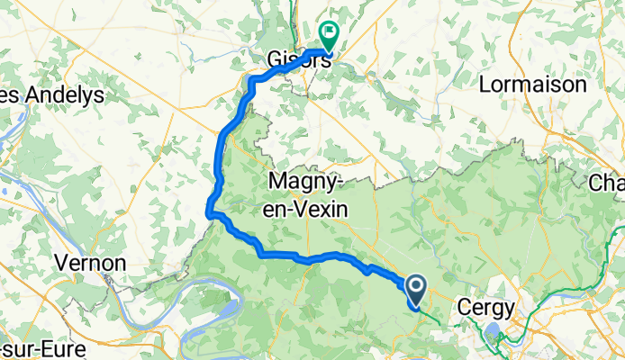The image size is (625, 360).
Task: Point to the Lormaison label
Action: click(533, 85)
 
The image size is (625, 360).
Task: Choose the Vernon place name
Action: click(89, 263)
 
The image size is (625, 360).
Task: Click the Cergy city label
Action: click(486, 307)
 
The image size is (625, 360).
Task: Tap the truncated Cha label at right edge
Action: click(606, 184)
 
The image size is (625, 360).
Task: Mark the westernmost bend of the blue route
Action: click(210, 212)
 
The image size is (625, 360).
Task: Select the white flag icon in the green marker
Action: click(329, 33)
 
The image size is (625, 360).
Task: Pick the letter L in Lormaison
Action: click(486, 85)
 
